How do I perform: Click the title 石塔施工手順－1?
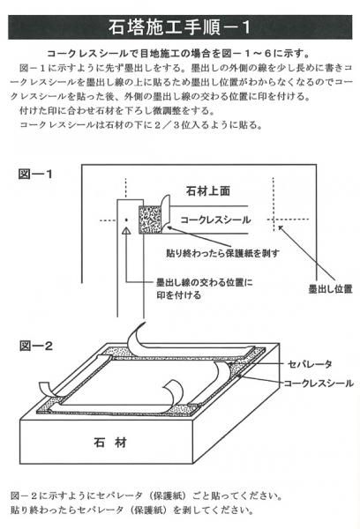pos(179,27)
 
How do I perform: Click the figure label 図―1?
pos(35,174)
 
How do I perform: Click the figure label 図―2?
pos(36,346)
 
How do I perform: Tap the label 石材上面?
pos(208,191)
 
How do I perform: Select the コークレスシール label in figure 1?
pos(215,220)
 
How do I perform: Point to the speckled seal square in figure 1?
pos(151,220)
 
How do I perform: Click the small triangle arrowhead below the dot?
pos(126,230)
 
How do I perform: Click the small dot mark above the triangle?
pos(126,220)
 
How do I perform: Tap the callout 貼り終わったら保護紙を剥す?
pos(222,253)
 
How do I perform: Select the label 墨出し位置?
pos(331,289)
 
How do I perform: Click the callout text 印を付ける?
pos(178,295)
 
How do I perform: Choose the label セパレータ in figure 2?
pos(310,364)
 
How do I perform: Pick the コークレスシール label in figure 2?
pos(319,384)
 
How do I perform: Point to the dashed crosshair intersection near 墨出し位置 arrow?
pos(274,220)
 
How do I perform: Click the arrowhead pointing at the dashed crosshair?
pos(281,228)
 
